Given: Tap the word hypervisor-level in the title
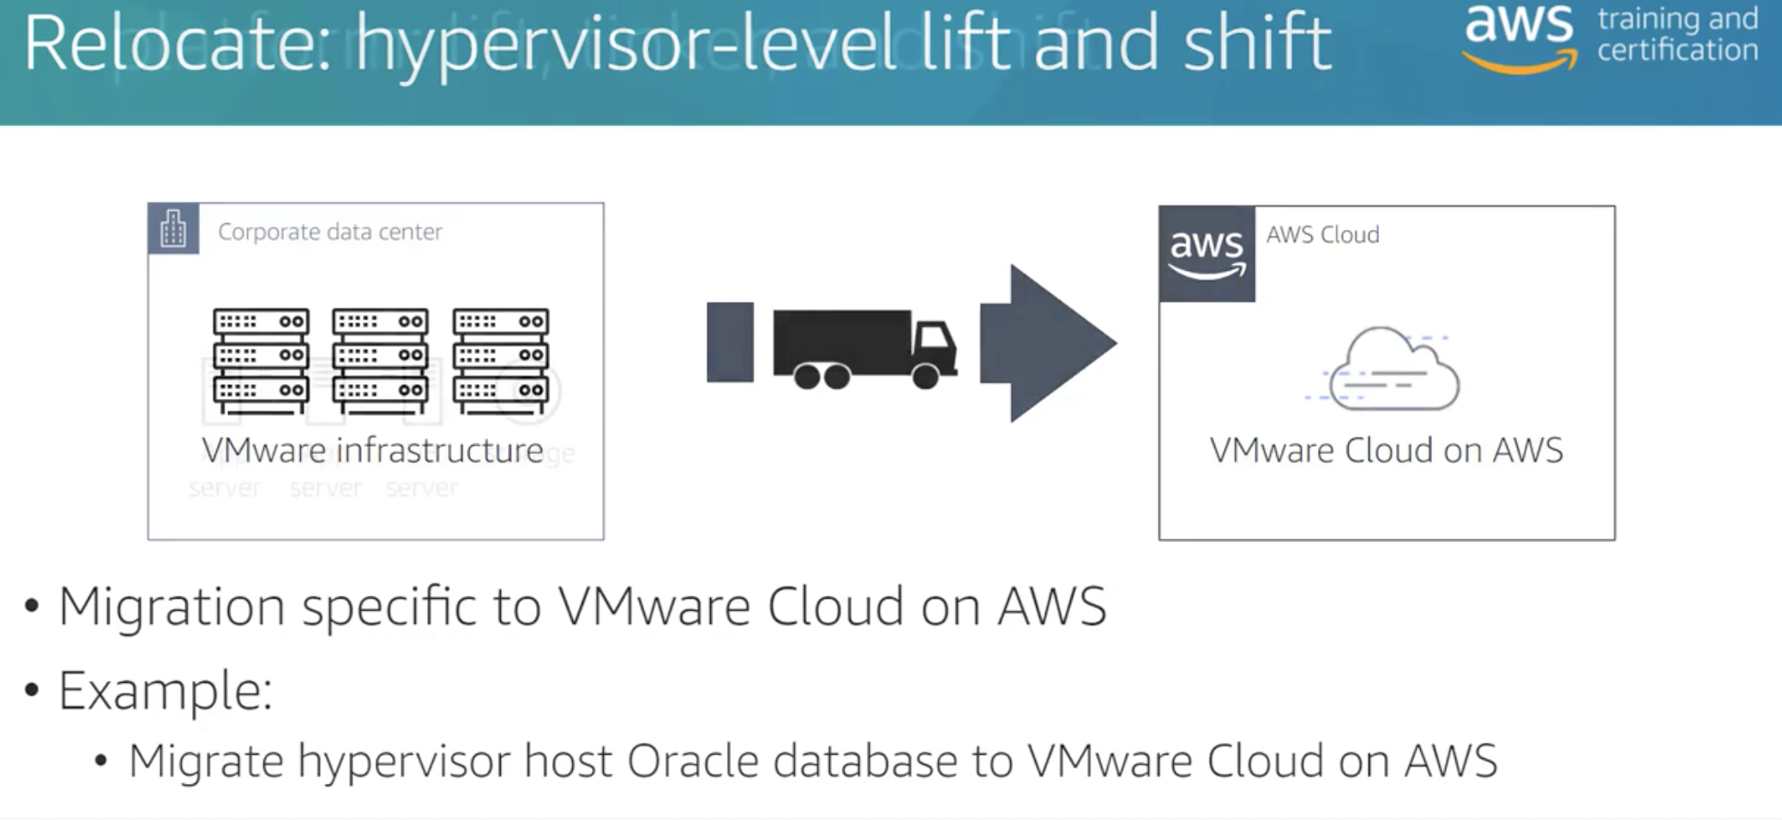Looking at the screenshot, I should point(626,45).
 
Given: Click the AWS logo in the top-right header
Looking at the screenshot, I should point(1519,36).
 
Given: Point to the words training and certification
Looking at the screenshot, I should point(1677,34).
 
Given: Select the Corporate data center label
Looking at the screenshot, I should point(330,232).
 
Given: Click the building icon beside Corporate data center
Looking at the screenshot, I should point(173,229).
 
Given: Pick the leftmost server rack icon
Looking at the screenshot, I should point(261,360).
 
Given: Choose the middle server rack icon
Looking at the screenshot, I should point(380,360).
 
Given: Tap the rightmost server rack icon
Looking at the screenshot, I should point(501,360).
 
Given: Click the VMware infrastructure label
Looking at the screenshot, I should point(372,450).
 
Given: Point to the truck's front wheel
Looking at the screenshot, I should point(925,376).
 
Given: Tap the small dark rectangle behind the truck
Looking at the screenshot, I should point(730,341).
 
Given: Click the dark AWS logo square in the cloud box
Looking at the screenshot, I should point(1207,254).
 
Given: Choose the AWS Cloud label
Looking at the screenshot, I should point(1322,234).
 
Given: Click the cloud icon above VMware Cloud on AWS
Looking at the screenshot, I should point(1391,369).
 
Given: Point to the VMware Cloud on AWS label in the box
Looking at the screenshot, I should point(1386,450).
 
